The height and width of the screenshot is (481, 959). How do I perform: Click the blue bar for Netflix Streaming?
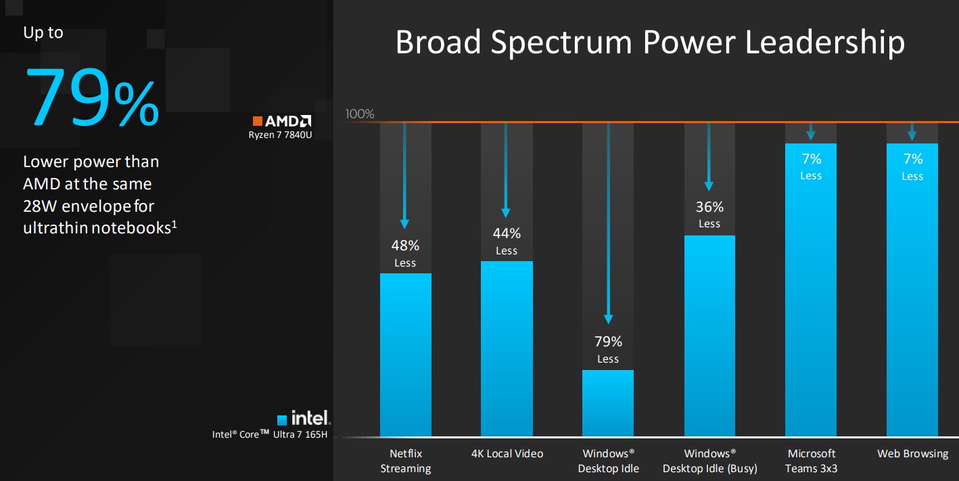click(x=405, y=354)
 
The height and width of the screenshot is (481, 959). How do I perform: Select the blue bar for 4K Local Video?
click(x=507, y=348)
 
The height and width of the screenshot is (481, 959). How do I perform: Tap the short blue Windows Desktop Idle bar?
click(x=608, y=403)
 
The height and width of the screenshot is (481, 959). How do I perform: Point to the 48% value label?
click(x=405, y=246)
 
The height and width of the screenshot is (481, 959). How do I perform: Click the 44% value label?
click(x=507, y=233)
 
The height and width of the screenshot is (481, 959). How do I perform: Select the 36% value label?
click(x=709, y=207)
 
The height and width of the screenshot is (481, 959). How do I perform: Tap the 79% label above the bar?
click(x=608, y=342)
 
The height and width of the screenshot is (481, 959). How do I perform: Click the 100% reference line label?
click(x=360, y=114)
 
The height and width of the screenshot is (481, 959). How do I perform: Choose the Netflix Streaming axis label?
click(x=405, y=461)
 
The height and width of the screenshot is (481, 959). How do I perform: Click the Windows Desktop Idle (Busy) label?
click(x=709, y=461)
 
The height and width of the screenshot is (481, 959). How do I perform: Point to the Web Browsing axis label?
click(x=912, y=453)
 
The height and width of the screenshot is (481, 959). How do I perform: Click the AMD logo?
click(x=282, y=121)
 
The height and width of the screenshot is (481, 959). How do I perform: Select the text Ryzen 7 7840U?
click(x=280, y=135)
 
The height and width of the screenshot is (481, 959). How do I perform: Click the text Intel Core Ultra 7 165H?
click(x=270, y=434)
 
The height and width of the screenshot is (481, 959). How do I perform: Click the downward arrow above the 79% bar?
click(x=608, y=223)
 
